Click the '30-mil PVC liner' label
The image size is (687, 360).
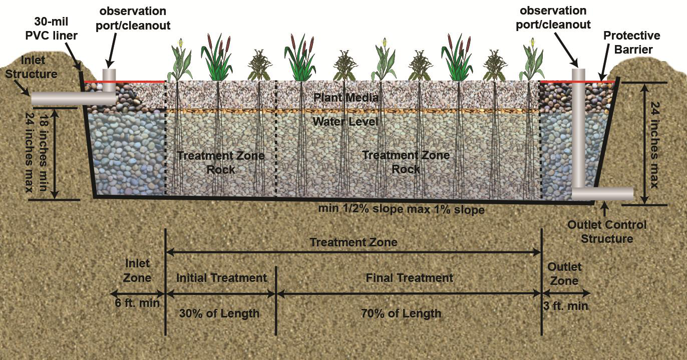coord(52,29)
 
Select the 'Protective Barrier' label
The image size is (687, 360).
coord(631,42)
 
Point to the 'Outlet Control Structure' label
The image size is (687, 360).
coord(607,231)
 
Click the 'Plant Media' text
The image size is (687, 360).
coord(346,97)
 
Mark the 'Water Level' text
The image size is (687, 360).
coord(346,122)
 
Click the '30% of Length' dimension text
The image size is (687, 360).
coord(219,314)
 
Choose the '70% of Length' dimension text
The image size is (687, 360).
coord(401,314)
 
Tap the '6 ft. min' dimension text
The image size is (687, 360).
coord(137,303)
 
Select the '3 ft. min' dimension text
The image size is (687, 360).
coord(565,305)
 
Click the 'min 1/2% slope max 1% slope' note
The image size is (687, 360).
coord(401,209)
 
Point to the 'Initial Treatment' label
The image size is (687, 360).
coord(221,278)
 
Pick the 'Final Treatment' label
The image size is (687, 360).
coord(409,278)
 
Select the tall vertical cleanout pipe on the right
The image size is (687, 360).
coord(578,130)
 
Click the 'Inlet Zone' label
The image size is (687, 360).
coord(137,270)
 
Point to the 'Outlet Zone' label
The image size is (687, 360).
coord(564,274)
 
